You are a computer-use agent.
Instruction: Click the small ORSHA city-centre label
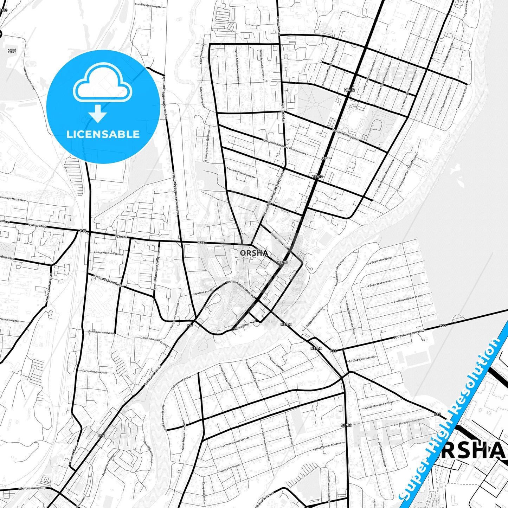coord(254,253)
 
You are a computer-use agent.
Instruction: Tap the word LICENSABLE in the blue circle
coord(103,134)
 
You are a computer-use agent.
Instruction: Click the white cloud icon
coord(102,83)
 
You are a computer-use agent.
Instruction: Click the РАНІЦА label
coord(327,158)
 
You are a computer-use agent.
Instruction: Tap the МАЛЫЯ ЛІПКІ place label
coord(12,52)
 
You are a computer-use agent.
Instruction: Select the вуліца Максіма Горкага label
coord(109,253)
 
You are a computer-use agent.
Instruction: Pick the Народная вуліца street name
coord(202,292)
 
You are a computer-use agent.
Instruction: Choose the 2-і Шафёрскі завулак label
coord(362,359)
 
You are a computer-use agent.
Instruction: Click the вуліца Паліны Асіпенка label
coord(327,446)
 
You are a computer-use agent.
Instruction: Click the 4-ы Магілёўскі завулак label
coord(407,422)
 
